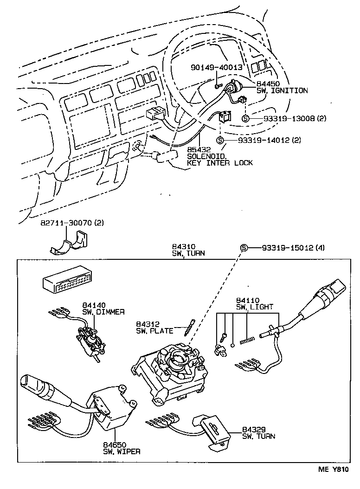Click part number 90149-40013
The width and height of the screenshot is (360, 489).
click(217, 68)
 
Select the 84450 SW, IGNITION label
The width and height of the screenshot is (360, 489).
click(281, 87)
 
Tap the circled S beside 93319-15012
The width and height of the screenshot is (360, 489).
click(243, 248)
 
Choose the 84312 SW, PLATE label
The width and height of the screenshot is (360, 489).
click(154, 327)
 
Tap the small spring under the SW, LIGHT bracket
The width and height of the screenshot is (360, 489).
click(246, 342)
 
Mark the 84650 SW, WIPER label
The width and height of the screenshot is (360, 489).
click(122, 448)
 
